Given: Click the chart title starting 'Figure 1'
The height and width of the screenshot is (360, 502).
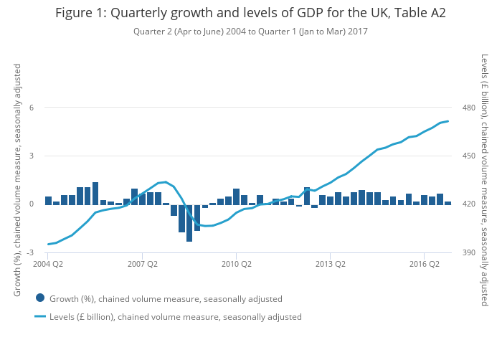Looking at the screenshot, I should (251, 14).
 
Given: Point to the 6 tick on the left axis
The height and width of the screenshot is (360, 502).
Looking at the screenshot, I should (32, 108).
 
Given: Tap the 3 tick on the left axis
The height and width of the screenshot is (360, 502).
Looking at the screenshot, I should (32, 156).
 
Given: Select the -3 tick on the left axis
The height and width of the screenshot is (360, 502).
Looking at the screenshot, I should (30, 252).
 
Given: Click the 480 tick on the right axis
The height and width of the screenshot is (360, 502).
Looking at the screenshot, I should (470, 108).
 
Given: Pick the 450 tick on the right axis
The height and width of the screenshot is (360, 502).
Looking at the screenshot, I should (470, 156).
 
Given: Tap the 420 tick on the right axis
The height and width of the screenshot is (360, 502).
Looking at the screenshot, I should (470, 204).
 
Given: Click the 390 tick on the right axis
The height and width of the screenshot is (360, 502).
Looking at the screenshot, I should (470, 252).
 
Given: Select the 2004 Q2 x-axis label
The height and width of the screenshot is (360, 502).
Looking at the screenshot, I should (48, 264).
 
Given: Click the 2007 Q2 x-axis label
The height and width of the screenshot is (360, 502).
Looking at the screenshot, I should (142, 264).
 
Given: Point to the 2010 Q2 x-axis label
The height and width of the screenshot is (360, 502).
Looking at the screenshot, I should (236, 264).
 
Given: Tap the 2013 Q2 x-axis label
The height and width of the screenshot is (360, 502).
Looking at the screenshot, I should (330, 264).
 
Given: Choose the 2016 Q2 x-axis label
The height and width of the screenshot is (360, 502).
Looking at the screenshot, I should (424, 264).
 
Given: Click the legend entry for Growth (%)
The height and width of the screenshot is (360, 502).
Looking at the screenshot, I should (166, 299).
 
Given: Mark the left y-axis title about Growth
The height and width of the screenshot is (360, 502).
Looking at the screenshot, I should (17, 180).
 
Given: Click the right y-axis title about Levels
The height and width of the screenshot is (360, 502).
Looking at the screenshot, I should (486, 180).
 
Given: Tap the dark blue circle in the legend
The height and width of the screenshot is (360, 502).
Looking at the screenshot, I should (40, 298).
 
